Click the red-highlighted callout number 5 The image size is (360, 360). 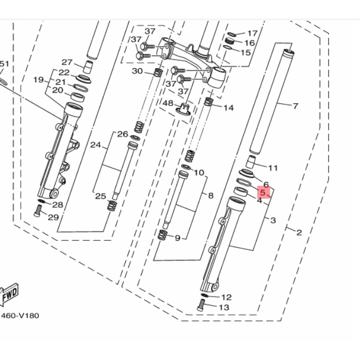pos(263,192)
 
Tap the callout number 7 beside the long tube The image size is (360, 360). pos(295,106)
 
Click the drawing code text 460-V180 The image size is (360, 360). pos(20,315)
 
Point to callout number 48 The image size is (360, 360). pos(168,103)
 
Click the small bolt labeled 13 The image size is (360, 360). pos(201,305)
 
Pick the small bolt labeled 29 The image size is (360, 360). pos(38,210)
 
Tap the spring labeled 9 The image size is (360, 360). pos(162,235)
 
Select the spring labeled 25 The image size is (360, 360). pos(112,205)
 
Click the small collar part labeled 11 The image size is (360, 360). pos(250,161)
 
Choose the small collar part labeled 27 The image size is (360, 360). pos(88,67)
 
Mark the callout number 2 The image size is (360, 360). pos(299,233)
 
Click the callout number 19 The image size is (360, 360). pos(38,80)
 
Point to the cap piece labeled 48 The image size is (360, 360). pos(183,110)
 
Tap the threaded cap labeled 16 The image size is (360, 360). pos(229,42)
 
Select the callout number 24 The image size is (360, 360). pos(95,145)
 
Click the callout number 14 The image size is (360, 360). pos(228,108)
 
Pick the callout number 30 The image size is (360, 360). pos(137,71)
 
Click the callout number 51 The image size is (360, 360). pos(4,63)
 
